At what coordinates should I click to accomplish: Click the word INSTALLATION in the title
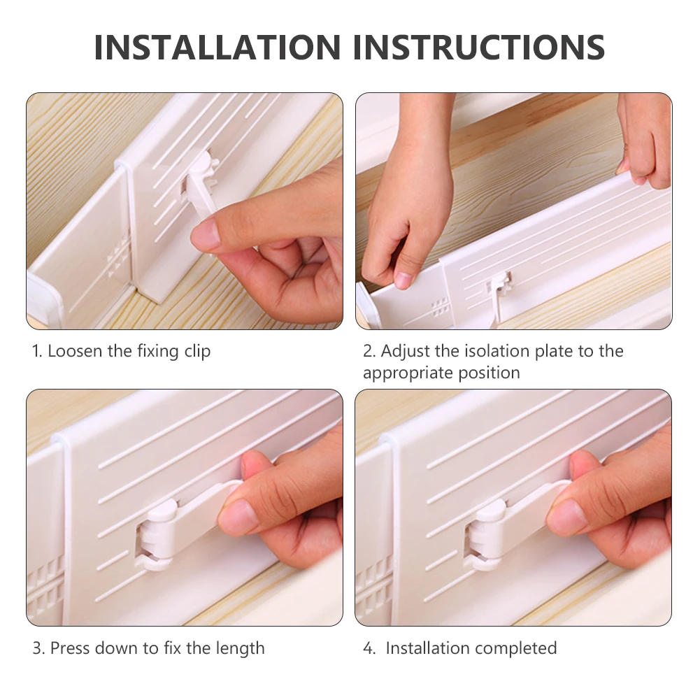click(x=217, y=47)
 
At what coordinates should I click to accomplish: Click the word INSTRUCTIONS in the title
click(x=478, y=47)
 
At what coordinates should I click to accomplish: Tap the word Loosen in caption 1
click(x=75, y=351)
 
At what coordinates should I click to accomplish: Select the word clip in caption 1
click(x=197, y=352)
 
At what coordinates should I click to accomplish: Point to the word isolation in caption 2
click(x=497, y=351)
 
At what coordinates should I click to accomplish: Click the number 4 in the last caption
click(x=369, y=648)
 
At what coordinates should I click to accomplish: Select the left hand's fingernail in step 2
click(x=403, y=280)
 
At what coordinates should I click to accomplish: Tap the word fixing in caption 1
click(x=158, y=352)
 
